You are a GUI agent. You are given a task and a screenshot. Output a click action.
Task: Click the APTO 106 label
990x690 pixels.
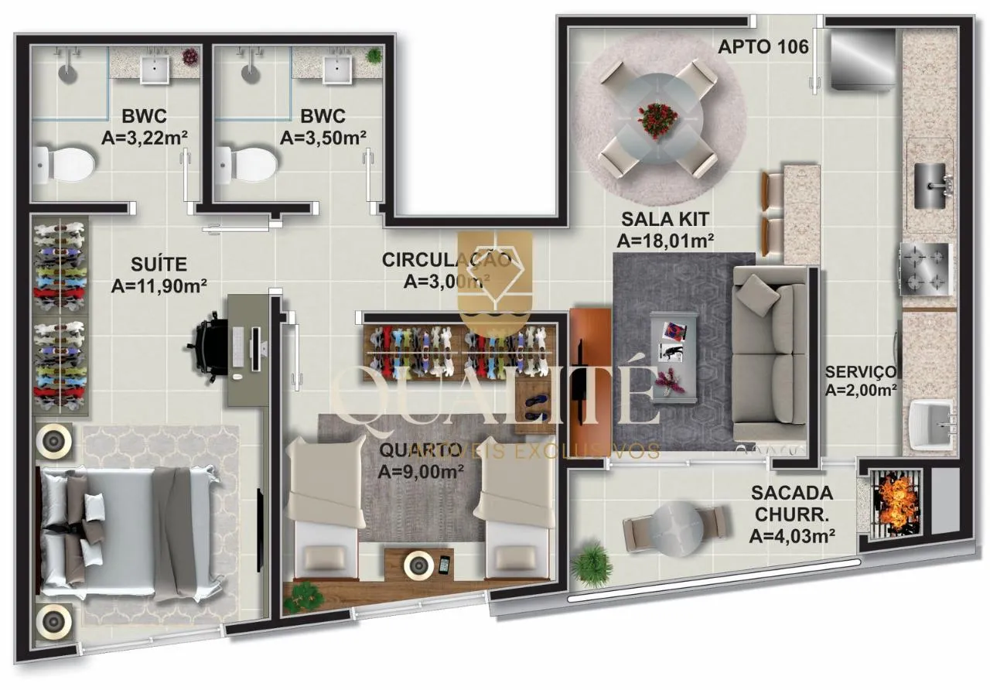(x=763, y=47)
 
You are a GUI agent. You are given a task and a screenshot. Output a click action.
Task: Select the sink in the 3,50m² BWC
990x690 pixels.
(x=337, y=70)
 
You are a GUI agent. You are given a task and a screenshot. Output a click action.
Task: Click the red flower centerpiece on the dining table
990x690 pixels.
(x=657, y=120)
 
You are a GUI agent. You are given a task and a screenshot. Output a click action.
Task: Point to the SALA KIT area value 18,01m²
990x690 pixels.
(x=665, y=241)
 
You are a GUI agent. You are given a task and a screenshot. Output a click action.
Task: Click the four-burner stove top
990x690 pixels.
(x=925, y=269)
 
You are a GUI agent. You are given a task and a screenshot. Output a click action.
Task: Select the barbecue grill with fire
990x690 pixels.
(x=896, y=504)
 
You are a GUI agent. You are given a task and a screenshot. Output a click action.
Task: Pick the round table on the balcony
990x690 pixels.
(x=678, y=528)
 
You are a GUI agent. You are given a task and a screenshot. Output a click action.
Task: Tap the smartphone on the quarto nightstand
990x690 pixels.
(x=445, y=565)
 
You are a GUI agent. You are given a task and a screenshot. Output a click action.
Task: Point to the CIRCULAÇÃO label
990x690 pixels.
(x=446, y=260)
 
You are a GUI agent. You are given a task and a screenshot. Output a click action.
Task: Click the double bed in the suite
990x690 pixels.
(x=128, y=533)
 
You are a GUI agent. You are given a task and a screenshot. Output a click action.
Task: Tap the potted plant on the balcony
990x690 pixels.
(x=592, y=565)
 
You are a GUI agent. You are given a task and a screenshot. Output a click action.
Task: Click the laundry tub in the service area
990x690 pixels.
(x=930, y=425)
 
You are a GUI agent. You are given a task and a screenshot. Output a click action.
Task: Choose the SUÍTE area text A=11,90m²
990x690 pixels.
(x=159, y=286)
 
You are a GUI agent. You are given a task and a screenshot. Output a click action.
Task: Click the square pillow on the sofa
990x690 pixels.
(x=758, y=295)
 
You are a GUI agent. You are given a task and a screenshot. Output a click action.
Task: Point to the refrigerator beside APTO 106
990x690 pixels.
(x=863, y=59)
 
